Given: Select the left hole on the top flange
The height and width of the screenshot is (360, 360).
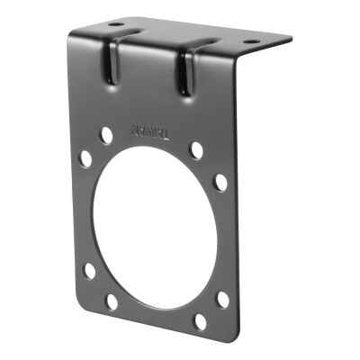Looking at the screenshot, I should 115,24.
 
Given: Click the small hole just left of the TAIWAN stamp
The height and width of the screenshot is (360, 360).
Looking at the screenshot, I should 106,135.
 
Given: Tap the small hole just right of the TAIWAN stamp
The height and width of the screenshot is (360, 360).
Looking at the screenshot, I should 196,149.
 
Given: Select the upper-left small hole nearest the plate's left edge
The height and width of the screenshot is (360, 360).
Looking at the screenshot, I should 85,158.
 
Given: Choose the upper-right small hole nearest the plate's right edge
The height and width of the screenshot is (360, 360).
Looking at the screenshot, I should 220,182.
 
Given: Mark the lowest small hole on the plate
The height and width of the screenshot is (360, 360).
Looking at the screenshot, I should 200,319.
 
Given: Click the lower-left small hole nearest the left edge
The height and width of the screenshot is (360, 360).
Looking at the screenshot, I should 89,270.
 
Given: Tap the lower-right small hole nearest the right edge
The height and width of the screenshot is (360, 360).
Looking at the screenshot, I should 222,299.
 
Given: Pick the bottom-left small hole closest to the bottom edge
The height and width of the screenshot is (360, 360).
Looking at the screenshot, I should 111,301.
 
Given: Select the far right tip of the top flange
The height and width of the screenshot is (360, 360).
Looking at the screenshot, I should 291,39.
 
